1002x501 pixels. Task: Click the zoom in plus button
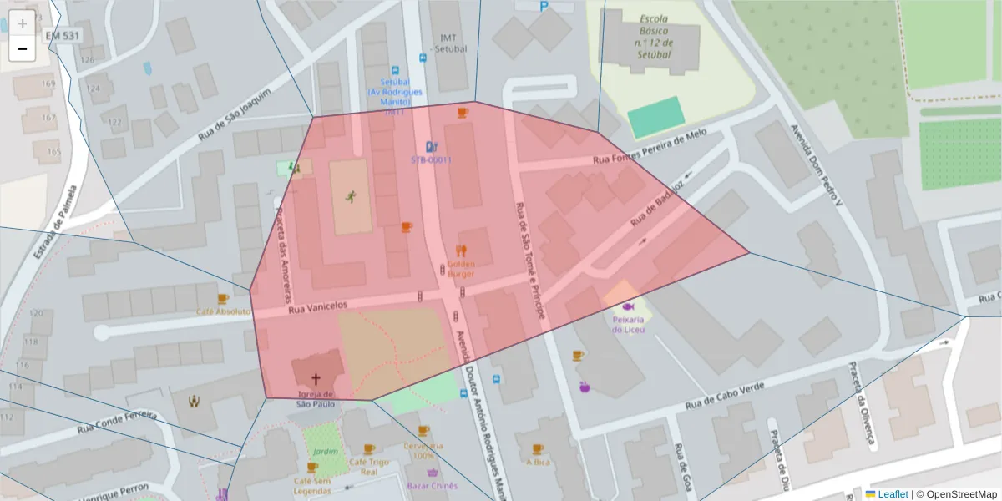(23, 23)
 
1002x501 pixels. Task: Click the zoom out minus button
(23, 48)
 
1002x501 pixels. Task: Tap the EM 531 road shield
(63, 36)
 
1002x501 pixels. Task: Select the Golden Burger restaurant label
(461, 268)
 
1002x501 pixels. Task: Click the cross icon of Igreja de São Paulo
(316, 378)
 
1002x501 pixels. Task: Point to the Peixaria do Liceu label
(627, 324)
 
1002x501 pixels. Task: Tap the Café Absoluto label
(223, 311)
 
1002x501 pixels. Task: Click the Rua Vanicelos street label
(316, 308)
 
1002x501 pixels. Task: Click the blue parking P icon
(544, 6)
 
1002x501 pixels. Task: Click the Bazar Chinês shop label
(432, 485)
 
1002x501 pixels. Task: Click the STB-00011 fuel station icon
(431, 145)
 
